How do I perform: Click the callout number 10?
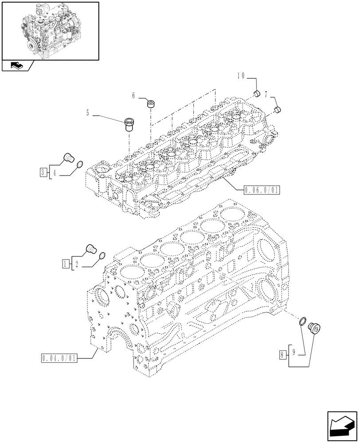(x=241, y=76)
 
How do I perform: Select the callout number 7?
(x=266, y=94)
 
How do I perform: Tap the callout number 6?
(x=133, y=95)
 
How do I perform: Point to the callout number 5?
(x=88, y=113)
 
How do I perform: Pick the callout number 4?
(x=55, y=173)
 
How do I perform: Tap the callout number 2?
(x=77, y=265)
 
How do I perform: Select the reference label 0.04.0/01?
(x=60, y=357)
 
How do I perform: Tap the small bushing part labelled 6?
(x=151, y=105)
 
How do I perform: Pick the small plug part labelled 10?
(x=256, y=93)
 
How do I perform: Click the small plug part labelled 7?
(x=277, y=109)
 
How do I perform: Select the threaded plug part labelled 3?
(x=68, y=157)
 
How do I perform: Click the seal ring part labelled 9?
(x=303, y=322)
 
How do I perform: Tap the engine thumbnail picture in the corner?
(x=50, y=31)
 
